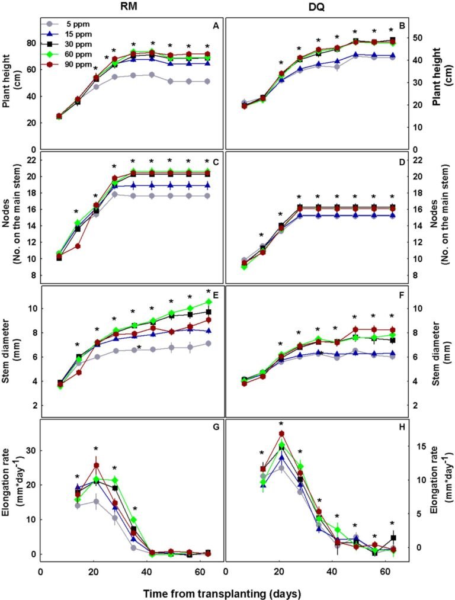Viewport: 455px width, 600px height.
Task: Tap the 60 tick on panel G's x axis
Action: pyautogui.click(x=200, y=572)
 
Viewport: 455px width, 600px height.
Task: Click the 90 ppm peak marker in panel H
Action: pyautogui.click(x=281, y=434)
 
